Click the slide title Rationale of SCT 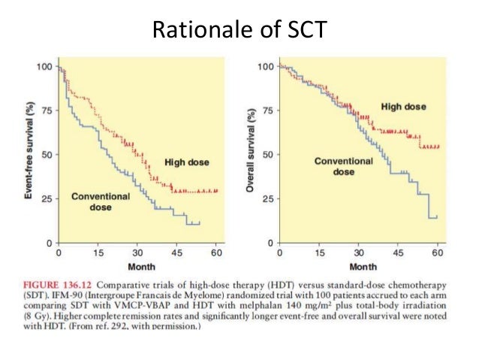tap(239, 29)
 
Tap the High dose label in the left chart tap(187, 162)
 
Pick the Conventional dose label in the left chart tap(101, 201)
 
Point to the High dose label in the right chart tap(403, 107)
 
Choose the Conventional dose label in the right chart tap(344, 166)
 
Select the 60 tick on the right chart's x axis tap(436, 253)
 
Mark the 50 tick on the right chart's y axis tap(266, 155)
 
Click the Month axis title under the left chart tap(137, 267)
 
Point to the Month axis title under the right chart tap(363, 267)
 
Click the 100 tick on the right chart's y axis tap(264, 67)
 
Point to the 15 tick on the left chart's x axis tap(98, 253)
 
